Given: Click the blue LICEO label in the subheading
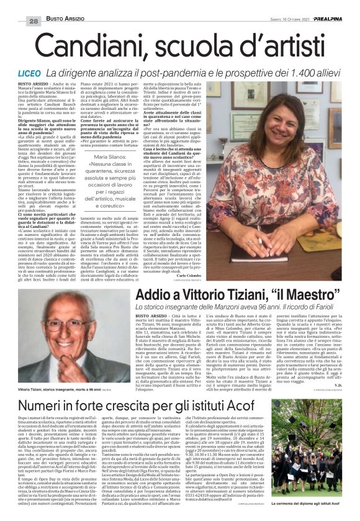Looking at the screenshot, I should tap(28, 73).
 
